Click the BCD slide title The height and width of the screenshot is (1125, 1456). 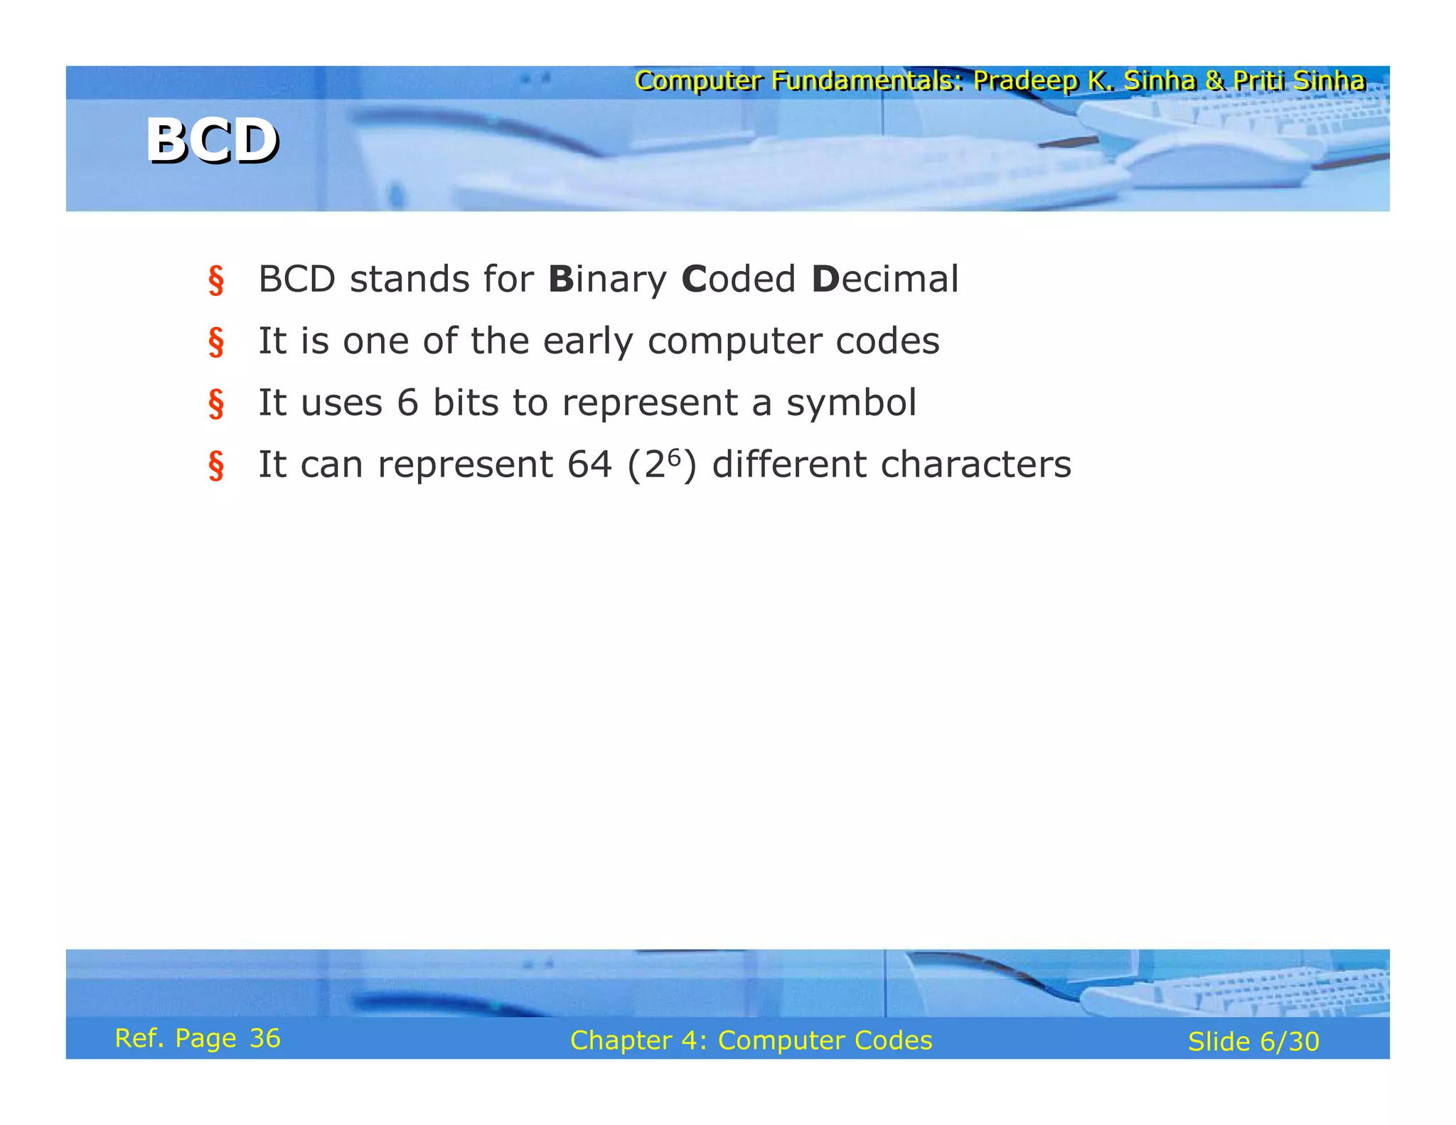coord(212,141)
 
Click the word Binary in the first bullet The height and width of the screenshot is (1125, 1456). coord(607,279)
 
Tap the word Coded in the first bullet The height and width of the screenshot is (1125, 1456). coord(738,279)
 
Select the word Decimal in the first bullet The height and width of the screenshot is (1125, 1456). coord(884,279)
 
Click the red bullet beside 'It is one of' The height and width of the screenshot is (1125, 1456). coord(216,342)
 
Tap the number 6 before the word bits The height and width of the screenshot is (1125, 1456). coord(407,402)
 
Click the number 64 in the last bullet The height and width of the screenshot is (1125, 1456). coord(589,464)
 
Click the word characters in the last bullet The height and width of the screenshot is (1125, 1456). coord(975,464)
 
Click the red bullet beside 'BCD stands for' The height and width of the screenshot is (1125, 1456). coord(216,280)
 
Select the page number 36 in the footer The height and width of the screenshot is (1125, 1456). coord(265,1038)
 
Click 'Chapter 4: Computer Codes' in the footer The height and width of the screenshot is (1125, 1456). coord(751,1040)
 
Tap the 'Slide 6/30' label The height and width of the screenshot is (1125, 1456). coord(1253,1042)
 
